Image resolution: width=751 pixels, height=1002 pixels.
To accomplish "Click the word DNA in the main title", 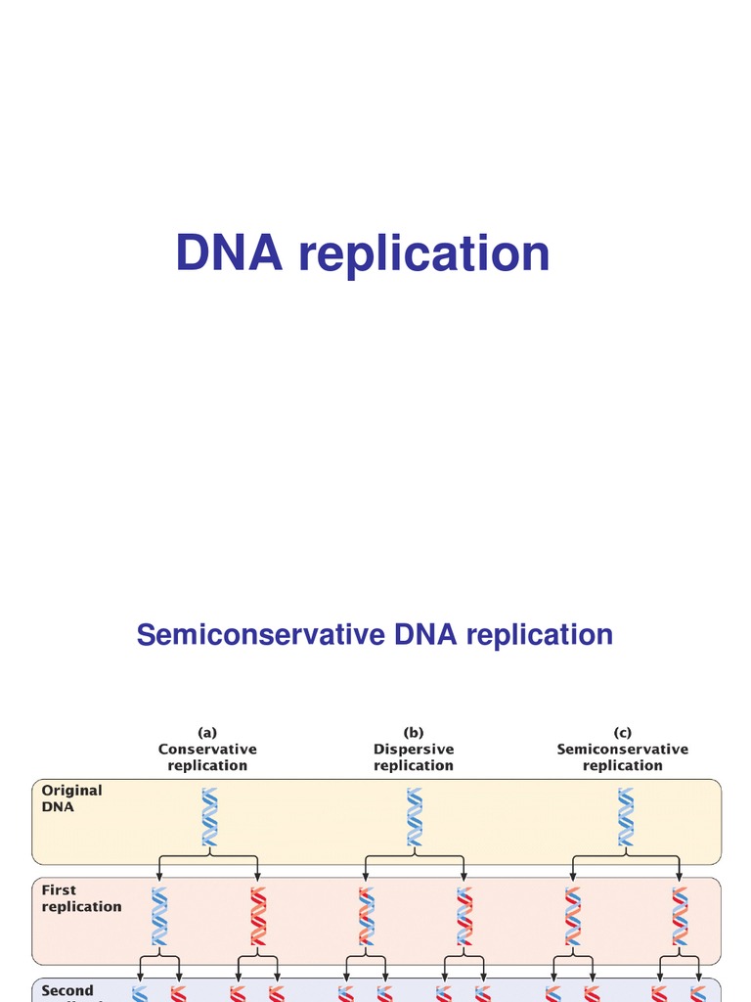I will (x=231, y=253).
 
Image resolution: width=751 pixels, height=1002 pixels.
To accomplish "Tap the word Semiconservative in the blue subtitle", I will (x=261, y=635).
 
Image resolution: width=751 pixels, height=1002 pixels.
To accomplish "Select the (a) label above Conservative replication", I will (x=207, y=732).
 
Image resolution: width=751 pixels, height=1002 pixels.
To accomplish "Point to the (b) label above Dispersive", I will (x=414, y=732).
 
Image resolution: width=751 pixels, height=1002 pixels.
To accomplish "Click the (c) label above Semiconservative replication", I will (x=623, y=732).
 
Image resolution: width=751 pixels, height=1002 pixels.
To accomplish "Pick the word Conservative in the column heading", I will (x=207, y=750).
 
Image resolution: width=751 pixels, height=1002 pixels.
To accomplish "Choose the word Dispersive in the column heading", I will (x=414, y=750).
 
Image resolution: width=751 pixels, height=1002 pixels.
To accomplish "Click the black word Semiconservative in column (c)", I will (x=623, y=750).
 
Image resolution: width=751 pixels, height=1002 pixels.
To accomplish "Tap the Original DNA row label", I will (x=71, y=798).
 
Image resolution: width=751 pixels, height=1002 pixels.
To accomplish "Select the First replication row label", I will (x=81, y=898).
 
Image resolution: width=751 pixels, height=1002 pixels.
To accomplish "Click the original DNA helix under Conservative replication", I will (x=209, y=817).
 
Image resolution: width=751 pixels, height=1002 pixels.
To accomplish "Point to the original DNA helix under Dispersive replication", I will (x=416, y=817).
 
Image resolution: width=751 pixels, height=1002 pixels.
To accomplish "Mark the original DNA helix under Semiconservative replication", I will (x=624, y=817).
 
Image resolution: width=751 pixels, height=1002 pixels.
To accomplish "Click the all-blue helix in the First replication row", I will (x=159, y=916).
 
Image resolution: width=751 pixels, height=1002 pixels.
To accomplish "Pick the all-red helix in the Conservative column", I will (x=258, y=916).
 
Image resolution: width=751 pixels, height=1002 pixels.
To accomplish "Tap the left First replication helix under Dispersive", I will (x=366, y=916).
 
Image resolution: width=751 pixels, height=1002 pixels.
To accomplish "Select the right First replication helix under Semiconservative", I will (x=679, y=916).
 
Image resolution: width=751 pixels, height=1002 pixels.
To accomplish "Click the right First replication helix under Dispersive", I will (x=465, y=916).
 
